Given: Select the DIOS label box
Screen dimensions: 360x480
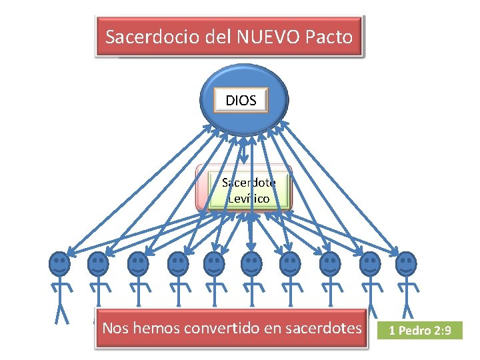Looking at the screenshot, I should [241, 101].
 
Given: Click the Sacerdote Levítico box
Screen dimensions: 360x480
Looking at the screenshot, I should [249, 189].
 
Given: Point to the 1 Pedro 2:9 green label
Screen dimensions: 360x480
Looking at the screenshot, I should [420, 330].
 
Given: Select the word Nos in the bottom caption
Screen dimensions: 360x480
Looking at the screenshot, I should [114, 327].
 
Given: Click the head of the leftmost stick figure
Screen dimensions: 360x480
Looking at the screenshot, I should [59, 264].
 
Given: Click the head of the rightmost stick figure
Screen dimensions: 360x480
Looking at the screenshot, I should [405, 264].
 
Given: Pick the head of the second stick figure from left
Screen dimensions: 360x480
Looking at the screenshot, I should [98, 264].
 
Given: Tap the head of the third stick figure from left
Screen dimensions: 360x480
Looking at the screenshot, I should [138, 264].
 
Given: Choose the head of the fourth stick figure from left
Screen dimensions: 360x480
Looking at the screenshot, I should [177, 264].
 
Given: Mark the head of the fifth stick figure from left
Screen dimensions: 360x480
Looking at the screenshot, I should [214, 264].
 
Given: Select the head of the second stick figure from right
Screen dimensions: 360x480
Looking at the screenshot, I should [369, 264].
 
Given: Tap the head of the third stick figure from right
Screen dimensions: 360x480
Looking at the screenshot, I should [329, 264].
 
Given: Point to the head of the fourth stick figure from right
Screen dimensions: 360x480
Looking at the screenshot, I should [290, 264].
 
